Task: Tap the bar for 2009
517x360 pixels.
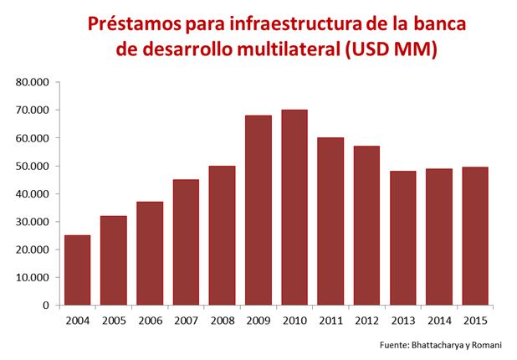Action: point(258,210)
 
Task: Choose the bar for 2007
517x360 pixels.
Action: point(186,242)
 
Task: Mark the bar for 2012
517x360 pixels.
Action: point(366,225)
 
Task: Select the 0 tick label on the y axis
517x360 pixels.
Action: point(46,305)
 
